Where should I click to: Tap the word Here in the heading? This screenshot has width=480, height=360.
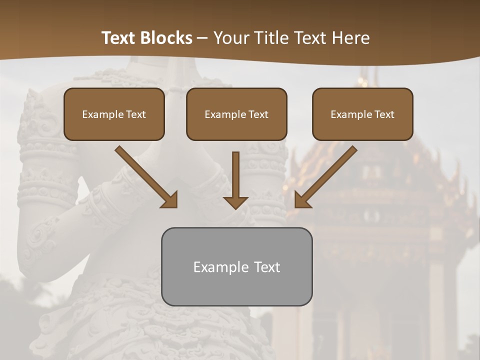click(350, 38)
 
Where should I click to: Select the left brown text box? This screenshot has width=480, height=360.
click(114, 114)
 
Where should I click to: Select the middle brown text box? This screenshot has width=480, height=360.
click(236, 114)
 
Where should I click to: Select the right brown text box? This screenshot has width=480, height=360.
click(362, 114)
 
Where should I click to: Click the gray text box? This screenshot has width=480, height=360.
click(236, 266)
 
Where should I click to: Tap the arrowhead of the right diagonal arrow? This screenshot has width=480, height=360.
click(302, 199)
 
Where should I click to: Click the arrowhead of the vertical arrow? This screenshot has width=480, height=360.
click(235, 201)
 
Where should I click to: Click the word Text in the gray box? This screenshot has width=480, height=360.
click(267, 267)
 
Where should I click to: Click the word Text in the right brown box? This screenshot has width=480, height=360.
click(384, 114)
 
